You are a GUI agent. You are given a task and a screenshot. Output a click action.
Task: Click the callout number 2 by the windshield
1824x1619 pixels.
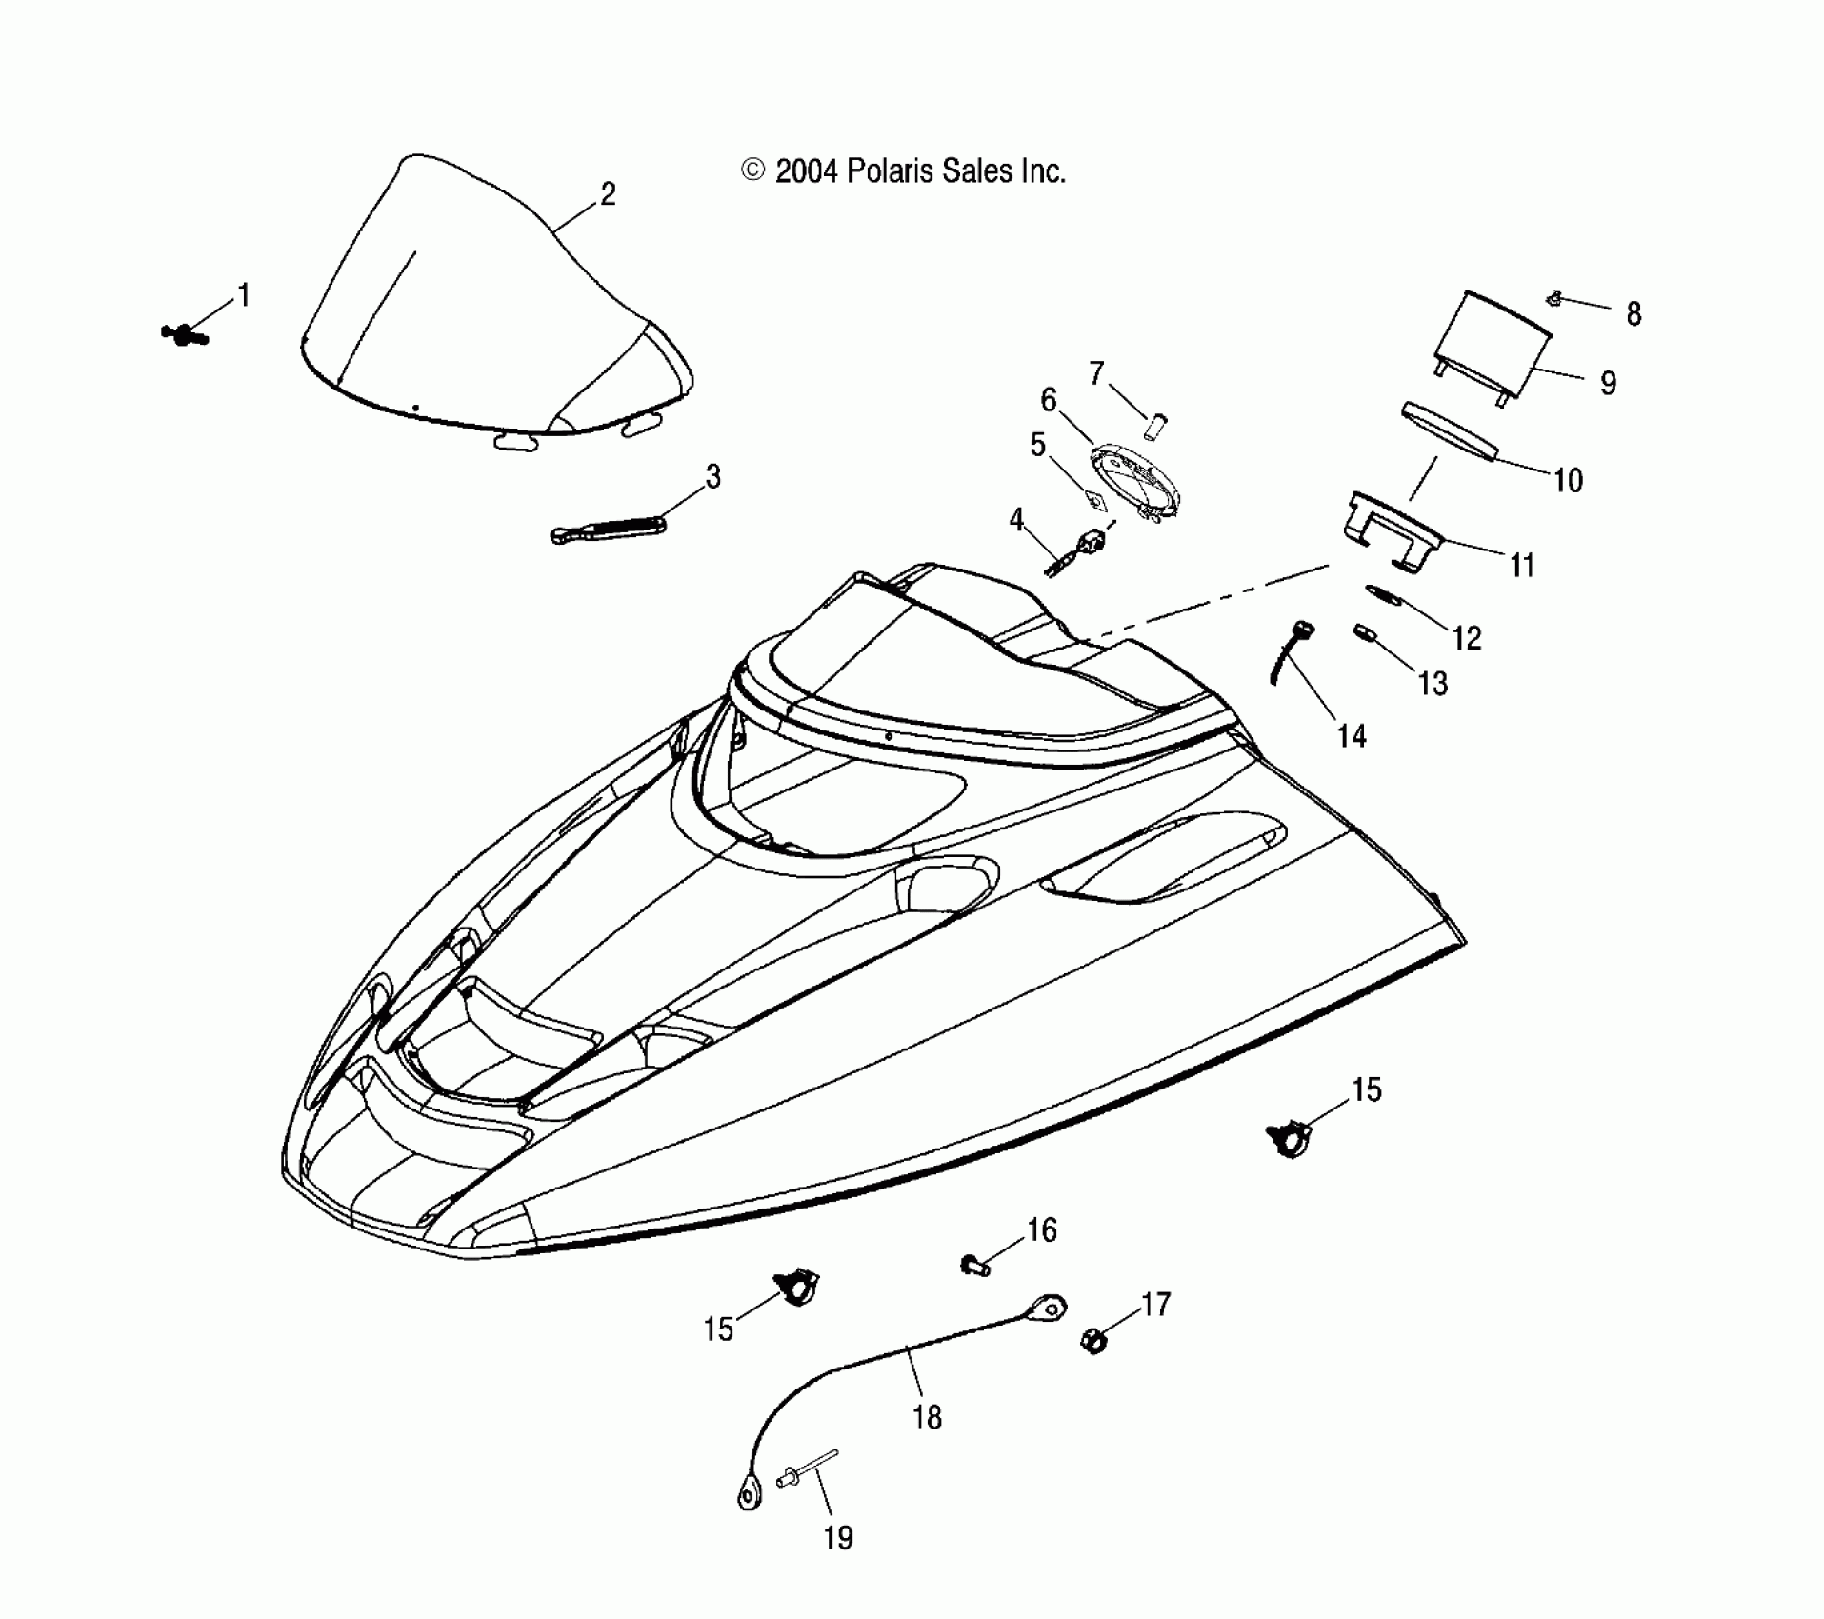608,194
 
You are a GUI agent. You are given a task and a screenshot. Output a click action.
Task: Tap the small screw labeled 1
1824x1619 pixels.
184,334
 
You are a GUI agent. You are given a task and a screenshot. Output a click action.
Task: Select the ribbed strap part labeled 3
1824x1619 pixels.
607,528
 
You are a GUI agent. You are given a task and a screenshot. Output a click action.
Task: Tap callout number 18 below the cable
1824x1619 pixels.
927,1418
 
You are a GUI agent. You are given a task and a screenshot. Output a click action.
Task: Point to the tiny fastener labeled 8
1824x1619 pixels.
1554,300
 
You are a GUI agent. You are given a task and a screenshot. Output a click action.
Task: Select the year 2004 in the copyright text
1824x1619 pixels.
806,171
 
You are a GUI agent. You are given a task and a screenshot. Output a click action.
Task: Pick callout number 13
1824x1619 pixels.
1433,683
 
